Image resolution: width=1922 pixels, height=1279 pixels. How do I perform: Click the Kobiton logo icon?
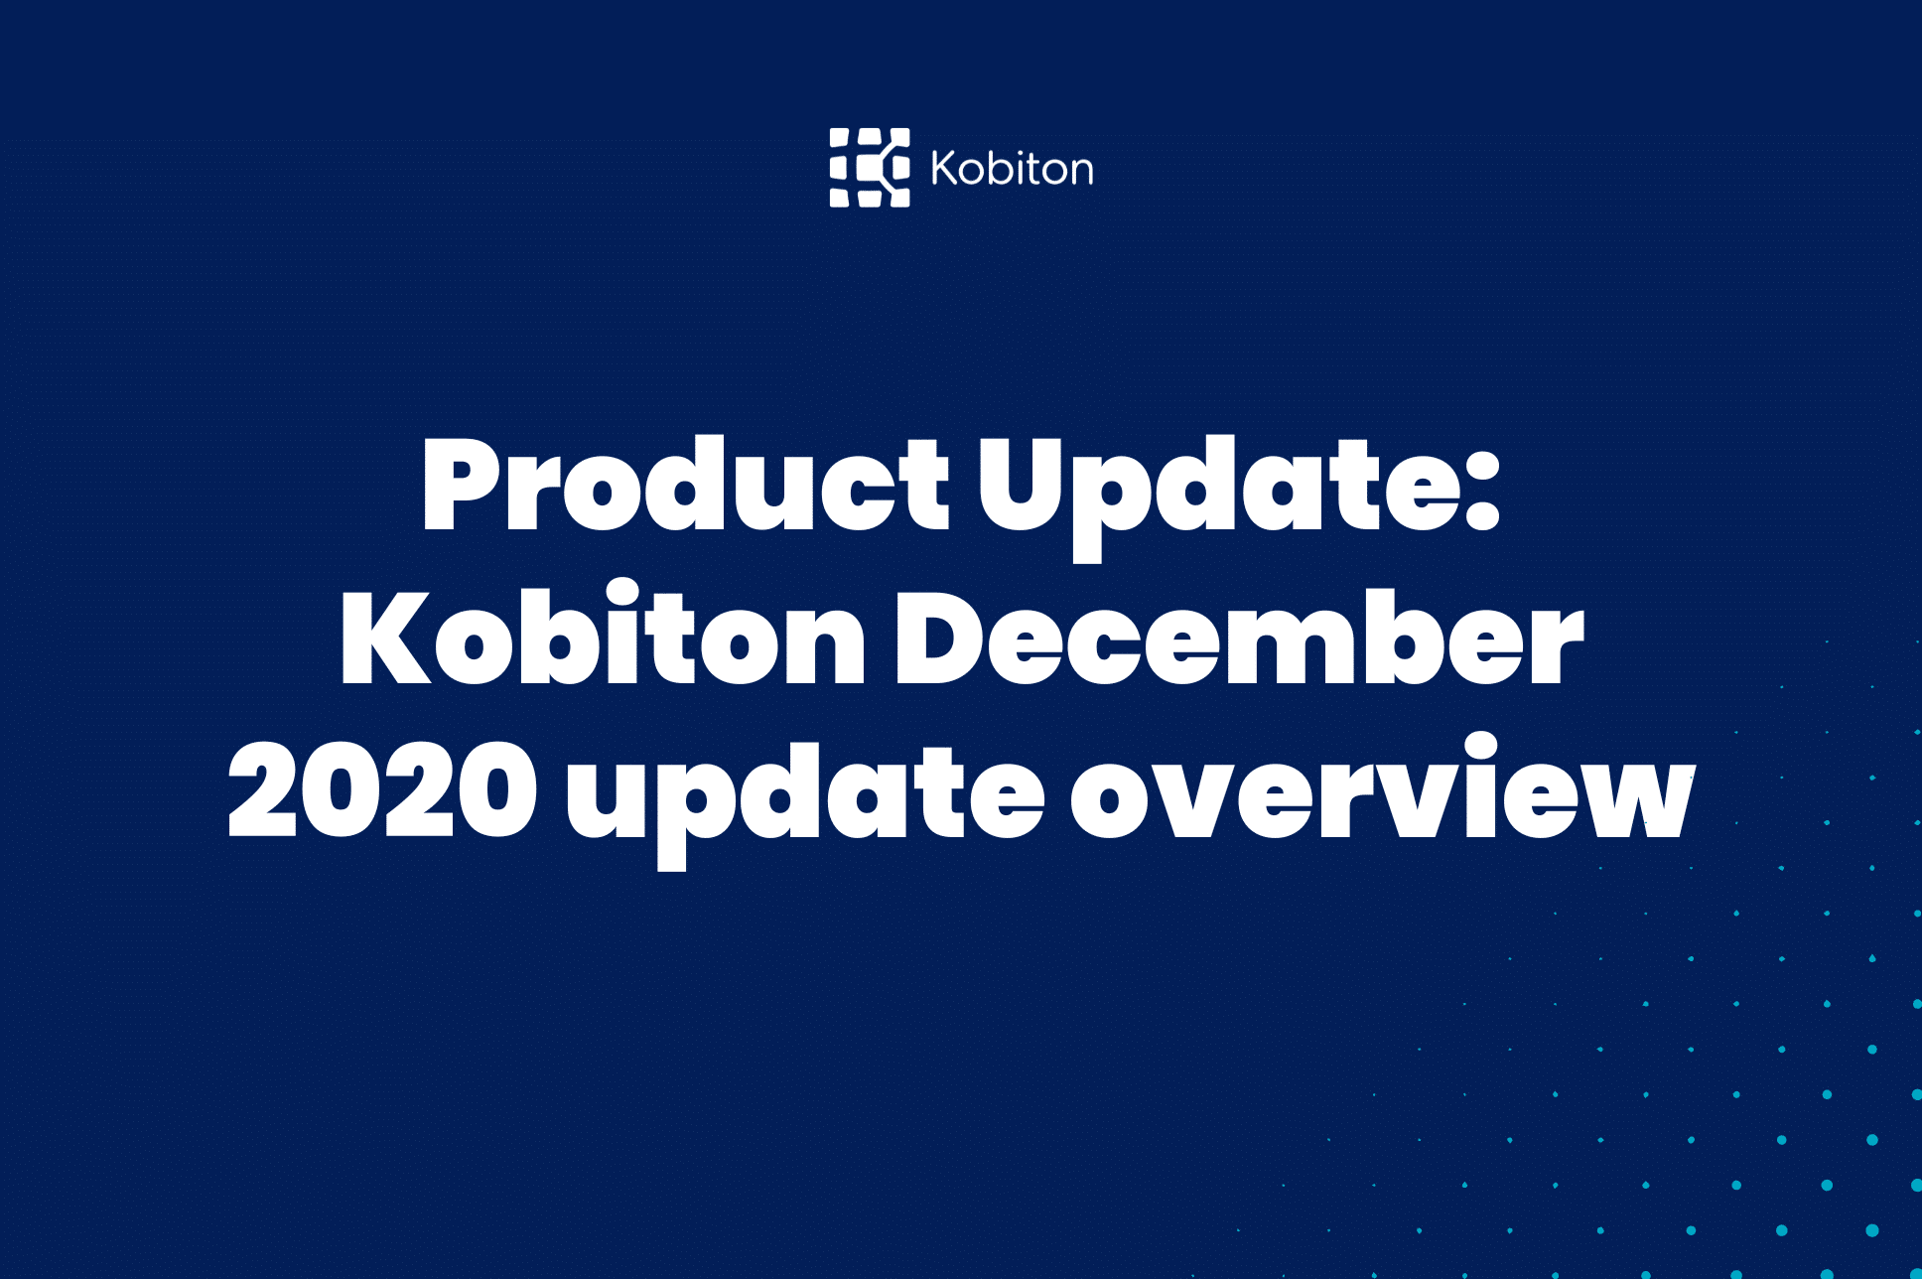(x=870, y=168)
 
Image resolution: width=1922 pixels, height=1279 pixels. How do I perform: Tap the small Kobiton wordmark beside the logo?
(x=1012, y=169)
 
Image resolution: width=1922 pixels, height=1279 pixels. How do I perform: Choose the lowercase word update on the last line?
(x=804, y=793)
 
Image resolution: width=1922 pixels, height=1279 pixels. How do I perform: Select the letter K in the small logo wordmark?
(x=944, y=169)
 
